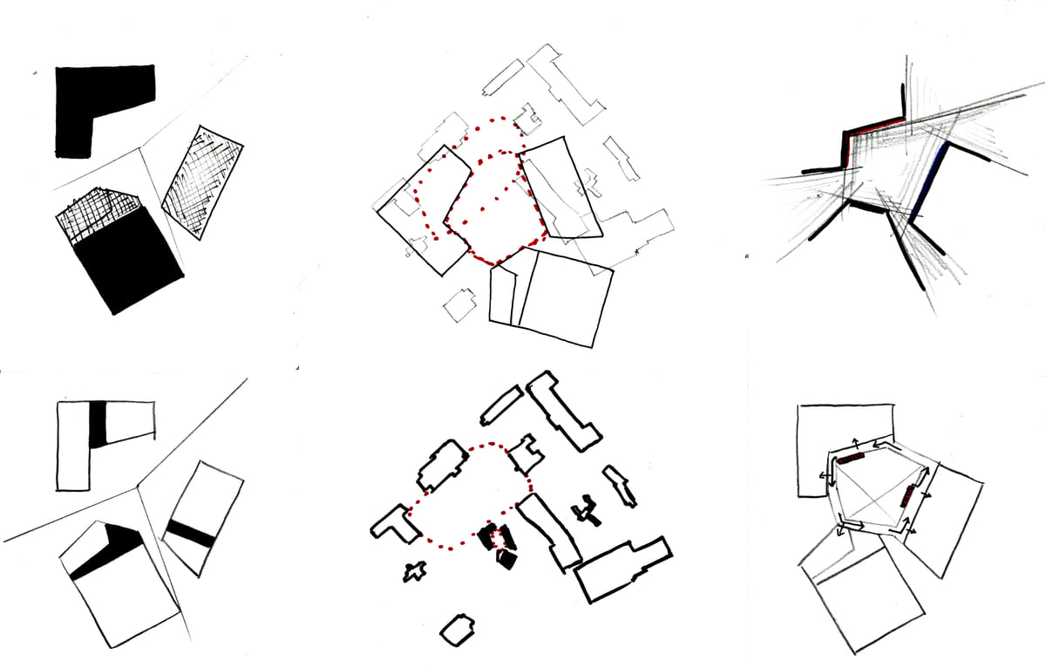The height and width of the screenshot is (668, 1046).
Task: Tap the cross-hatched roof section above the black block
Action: coord(100,214)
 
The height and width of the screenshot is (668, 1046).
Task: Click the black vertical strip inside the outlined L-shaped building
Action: coord(98,423)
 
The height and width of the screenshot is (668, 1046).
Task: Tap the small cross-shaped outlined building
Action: coord(413,572)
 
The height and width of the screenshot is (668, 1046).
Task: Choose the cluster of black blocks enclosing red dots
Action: coord(499,544)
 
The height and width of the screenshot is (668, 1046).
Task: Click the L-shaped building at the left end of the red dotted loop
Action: coord(392,523)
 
